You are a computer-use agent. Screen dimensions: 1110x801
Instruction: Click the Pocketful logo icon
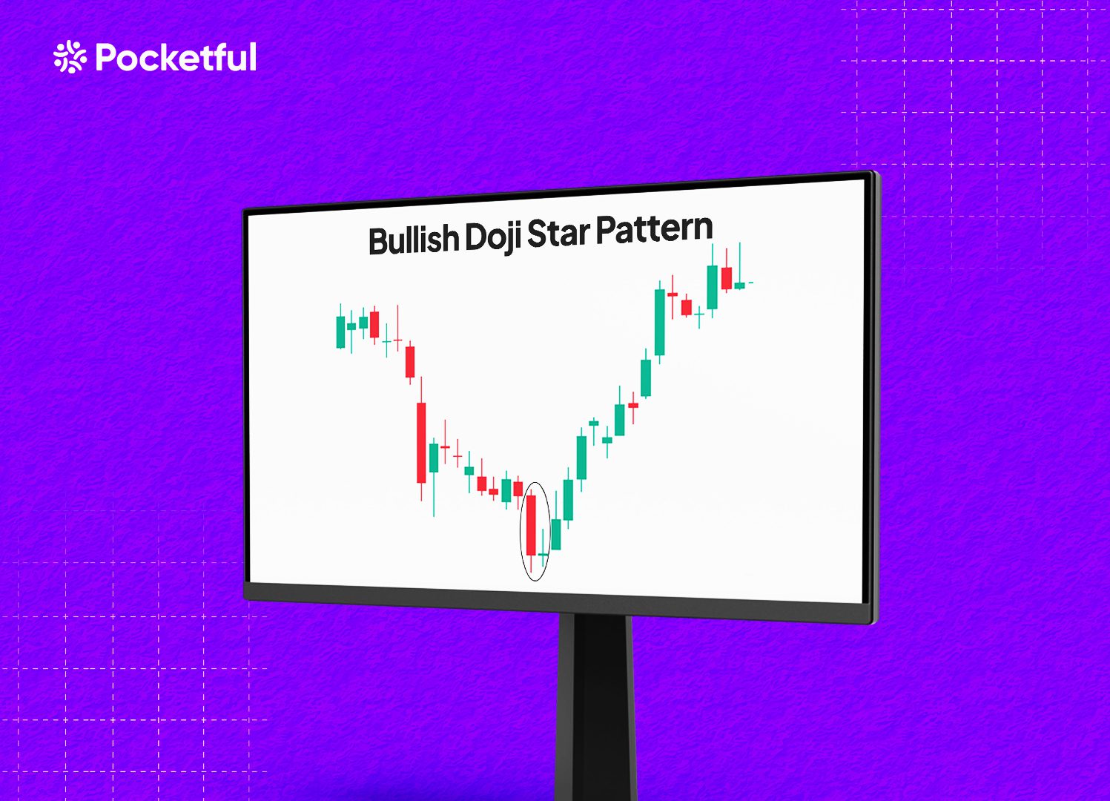[70, 57]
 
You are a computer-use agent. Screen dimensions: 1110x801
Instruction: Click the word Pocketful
[176, 56]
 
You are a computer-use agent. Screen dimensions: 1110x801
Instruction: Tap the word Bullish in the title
[414, 240]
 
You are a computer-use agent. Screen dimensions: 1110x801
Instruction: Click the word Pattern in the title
[654, 228]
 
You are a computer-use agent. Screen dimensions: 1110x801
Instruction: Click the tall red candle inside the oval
[531, 525]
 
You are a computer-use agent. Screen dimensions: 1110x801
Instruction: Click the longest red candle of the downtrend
[421, 442]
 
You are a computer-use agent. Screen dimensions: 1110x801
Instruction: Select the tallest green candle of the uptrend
[660, 322]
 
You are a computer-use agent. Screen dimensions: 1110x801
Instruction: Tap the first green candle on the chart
[340, 332]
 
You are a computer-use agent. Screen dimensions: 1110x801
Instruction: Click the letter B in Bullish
[377, 241]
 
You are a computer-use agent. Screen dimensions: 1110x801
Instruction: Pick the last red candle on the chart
[727, 278]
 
